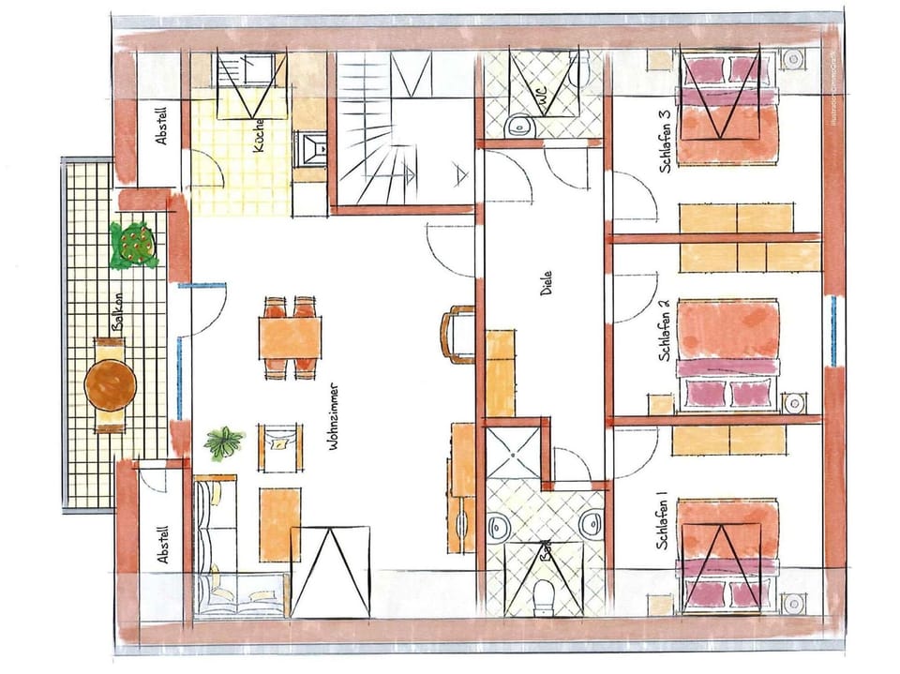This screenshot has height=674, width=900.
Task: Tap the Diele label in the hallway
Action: tap(547, 284)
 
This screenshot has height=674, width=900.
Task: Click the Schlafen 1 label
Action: tap(664, 520)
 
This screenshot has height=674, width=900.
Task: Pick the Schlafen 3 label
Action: tap(664, 142)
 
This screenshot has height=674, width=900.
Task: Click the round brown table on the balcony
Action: tap(111, 384)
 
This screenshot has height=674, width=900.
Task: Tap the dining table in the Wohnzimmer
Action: tap(290, 338)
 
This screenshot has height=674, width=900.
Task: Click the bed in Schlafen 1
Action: tap(728, 553)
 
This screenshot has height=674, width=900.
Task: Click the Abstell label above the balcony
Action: tap(162, 125)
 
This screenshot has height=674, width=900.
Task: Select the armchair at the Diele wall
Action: tap(459, 335)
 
